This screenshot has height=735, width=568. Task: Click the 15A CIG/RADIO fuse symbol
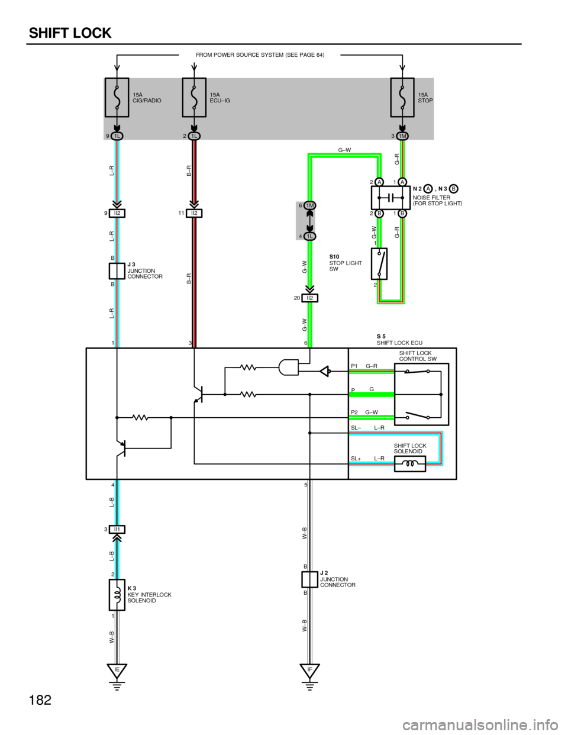[117, 98]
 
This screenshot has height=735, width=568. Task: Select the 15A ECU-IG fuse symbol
[194, 98]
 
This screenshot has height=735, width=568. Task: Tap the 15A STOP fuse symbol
[402, 98]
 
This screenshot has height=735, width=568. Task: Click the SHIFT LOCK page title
[70, 33]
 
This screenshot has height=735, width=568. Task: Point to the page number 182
[40, 699]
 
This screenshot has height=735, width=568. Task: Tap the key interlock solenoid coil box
[117, 595]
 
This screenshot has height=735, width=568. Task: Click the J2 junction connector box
[309, 579]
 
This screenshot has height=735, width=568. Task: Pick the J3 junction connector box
[117, 271]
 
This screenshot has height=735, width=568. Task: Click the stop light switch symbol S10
[379, 264]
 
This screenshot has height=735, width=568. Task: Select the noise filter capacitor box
[390, 198]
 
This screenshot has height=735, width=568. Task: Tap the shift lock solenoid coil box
[410, 464]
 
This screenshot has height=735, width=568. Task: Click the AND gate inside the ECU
[289, 367]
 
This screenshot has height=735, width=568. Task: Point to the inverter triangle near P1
[325, 372]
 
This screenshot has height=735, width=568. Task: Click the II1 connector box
[117, 529]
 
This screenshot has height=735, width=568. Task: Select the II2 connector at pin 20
[309, 298]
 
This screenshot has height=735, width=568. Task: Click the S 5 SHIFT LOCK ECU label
[399, 340]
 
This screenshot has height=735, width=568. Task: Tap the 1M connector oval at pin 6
[309, 206]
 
